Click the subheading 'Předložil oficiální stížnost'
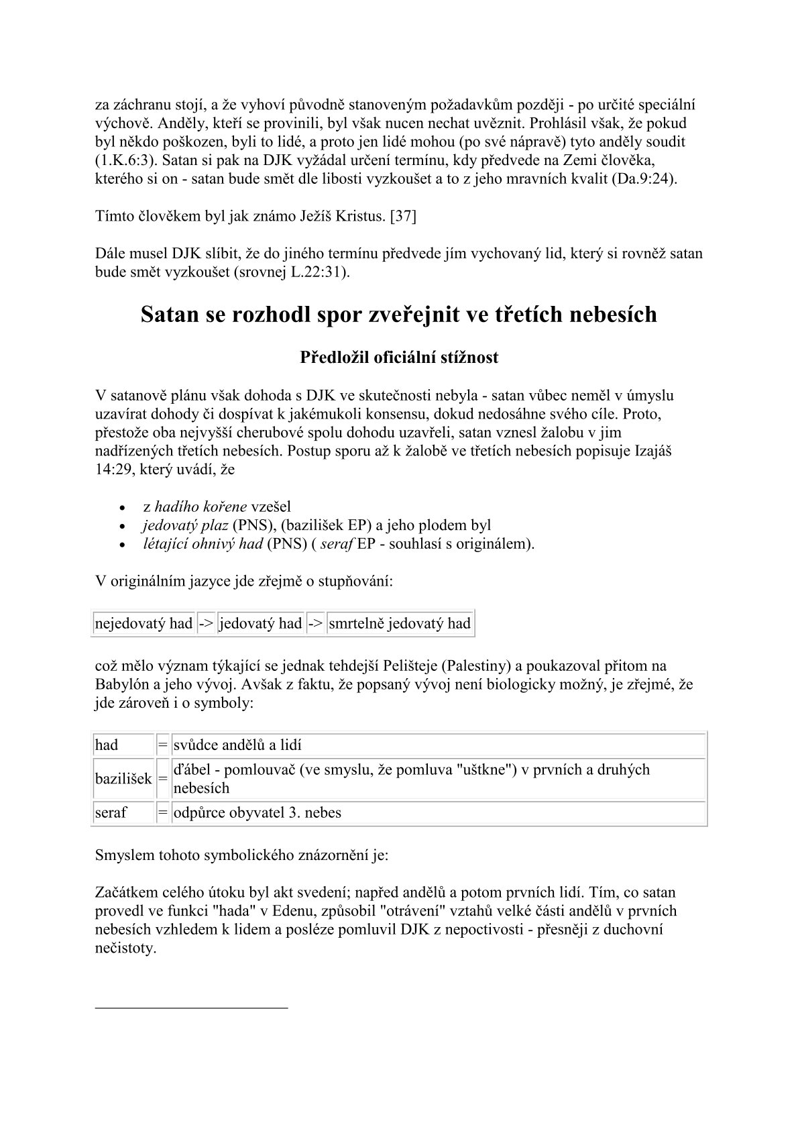pyautogui.click(x=399, y=358)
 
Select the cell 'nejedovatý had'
pyautogui.click(x=144, y=624)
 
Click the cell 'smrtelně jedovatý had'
pyautogui.click(x=400, y=624)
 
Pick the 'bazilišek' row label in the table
pyautogui.click(x=123, y=779)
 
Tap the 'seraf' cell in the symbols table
pyautogui.click(x=111, y=813)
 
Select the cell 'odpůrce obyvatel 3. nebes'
pyautogui.click(x=258, y=813)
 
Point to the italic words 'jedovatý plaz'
pyautogui.click(x=185, y=525)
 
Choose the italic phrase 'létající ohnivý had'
pyautogui.click(x=203, y=544)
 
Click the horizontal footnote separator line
pyautogui.click(x=192, y=1007)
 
